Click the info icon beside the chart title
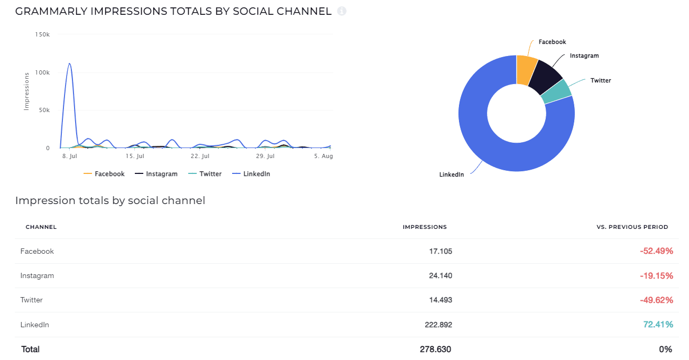pos(342,11)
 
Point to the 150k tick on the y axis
pos(42,34)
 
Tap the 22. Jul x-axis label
pos(200,156)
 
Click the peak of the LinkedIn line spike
pos(69,64)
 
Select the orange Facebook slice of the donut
pos(526,69)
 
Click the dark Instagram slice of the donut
pos(546,77)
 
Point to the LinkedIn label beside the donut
pos(452,174)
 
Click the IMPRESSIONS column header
pos(425,227)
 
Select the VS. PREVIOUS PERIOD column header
pos(632,227)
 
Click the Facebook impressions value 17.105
pos(440,252)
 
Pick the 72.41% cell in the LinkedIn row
pos(658,325)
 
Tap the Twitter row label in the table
pos(32,300)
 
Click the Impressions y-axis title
pos(26,91)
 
